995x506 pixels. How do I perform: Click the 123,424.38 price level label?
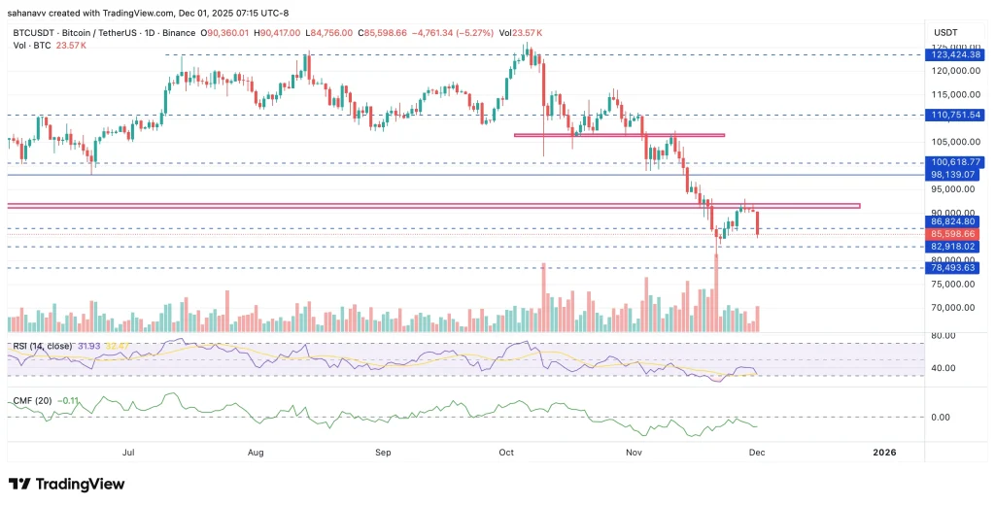(956, 55)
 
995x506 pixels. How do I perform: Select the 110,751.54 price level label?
(956, 115)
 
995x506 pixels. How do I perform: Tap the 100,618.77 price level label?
(956, 162)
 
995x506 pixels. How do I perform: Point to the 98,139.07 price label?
(956, 175)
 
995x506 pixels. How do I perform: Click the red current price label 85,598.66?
(956, 234)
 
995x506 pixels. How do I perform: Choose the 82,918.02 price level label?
(956, 247)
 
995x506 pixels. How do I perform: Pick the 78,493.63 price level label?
(956, 268)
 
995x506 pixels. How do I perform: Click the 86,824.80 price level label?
(956, 222)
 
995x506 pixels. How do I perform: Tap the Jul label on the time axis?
(128, 453)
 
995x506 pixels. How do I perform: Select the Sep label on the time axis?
(383, 453)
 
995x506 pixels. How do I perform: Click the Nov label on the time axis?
(635, 453)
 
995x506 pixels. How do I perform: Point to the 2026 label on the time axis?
(884, 453)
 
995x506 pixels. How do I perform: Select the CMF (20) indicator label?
(32, 399)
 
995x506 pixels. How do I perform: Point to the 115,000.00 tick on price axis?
(956, 95)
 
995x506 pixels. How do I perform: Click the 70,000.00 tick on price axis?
(956, 308)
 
